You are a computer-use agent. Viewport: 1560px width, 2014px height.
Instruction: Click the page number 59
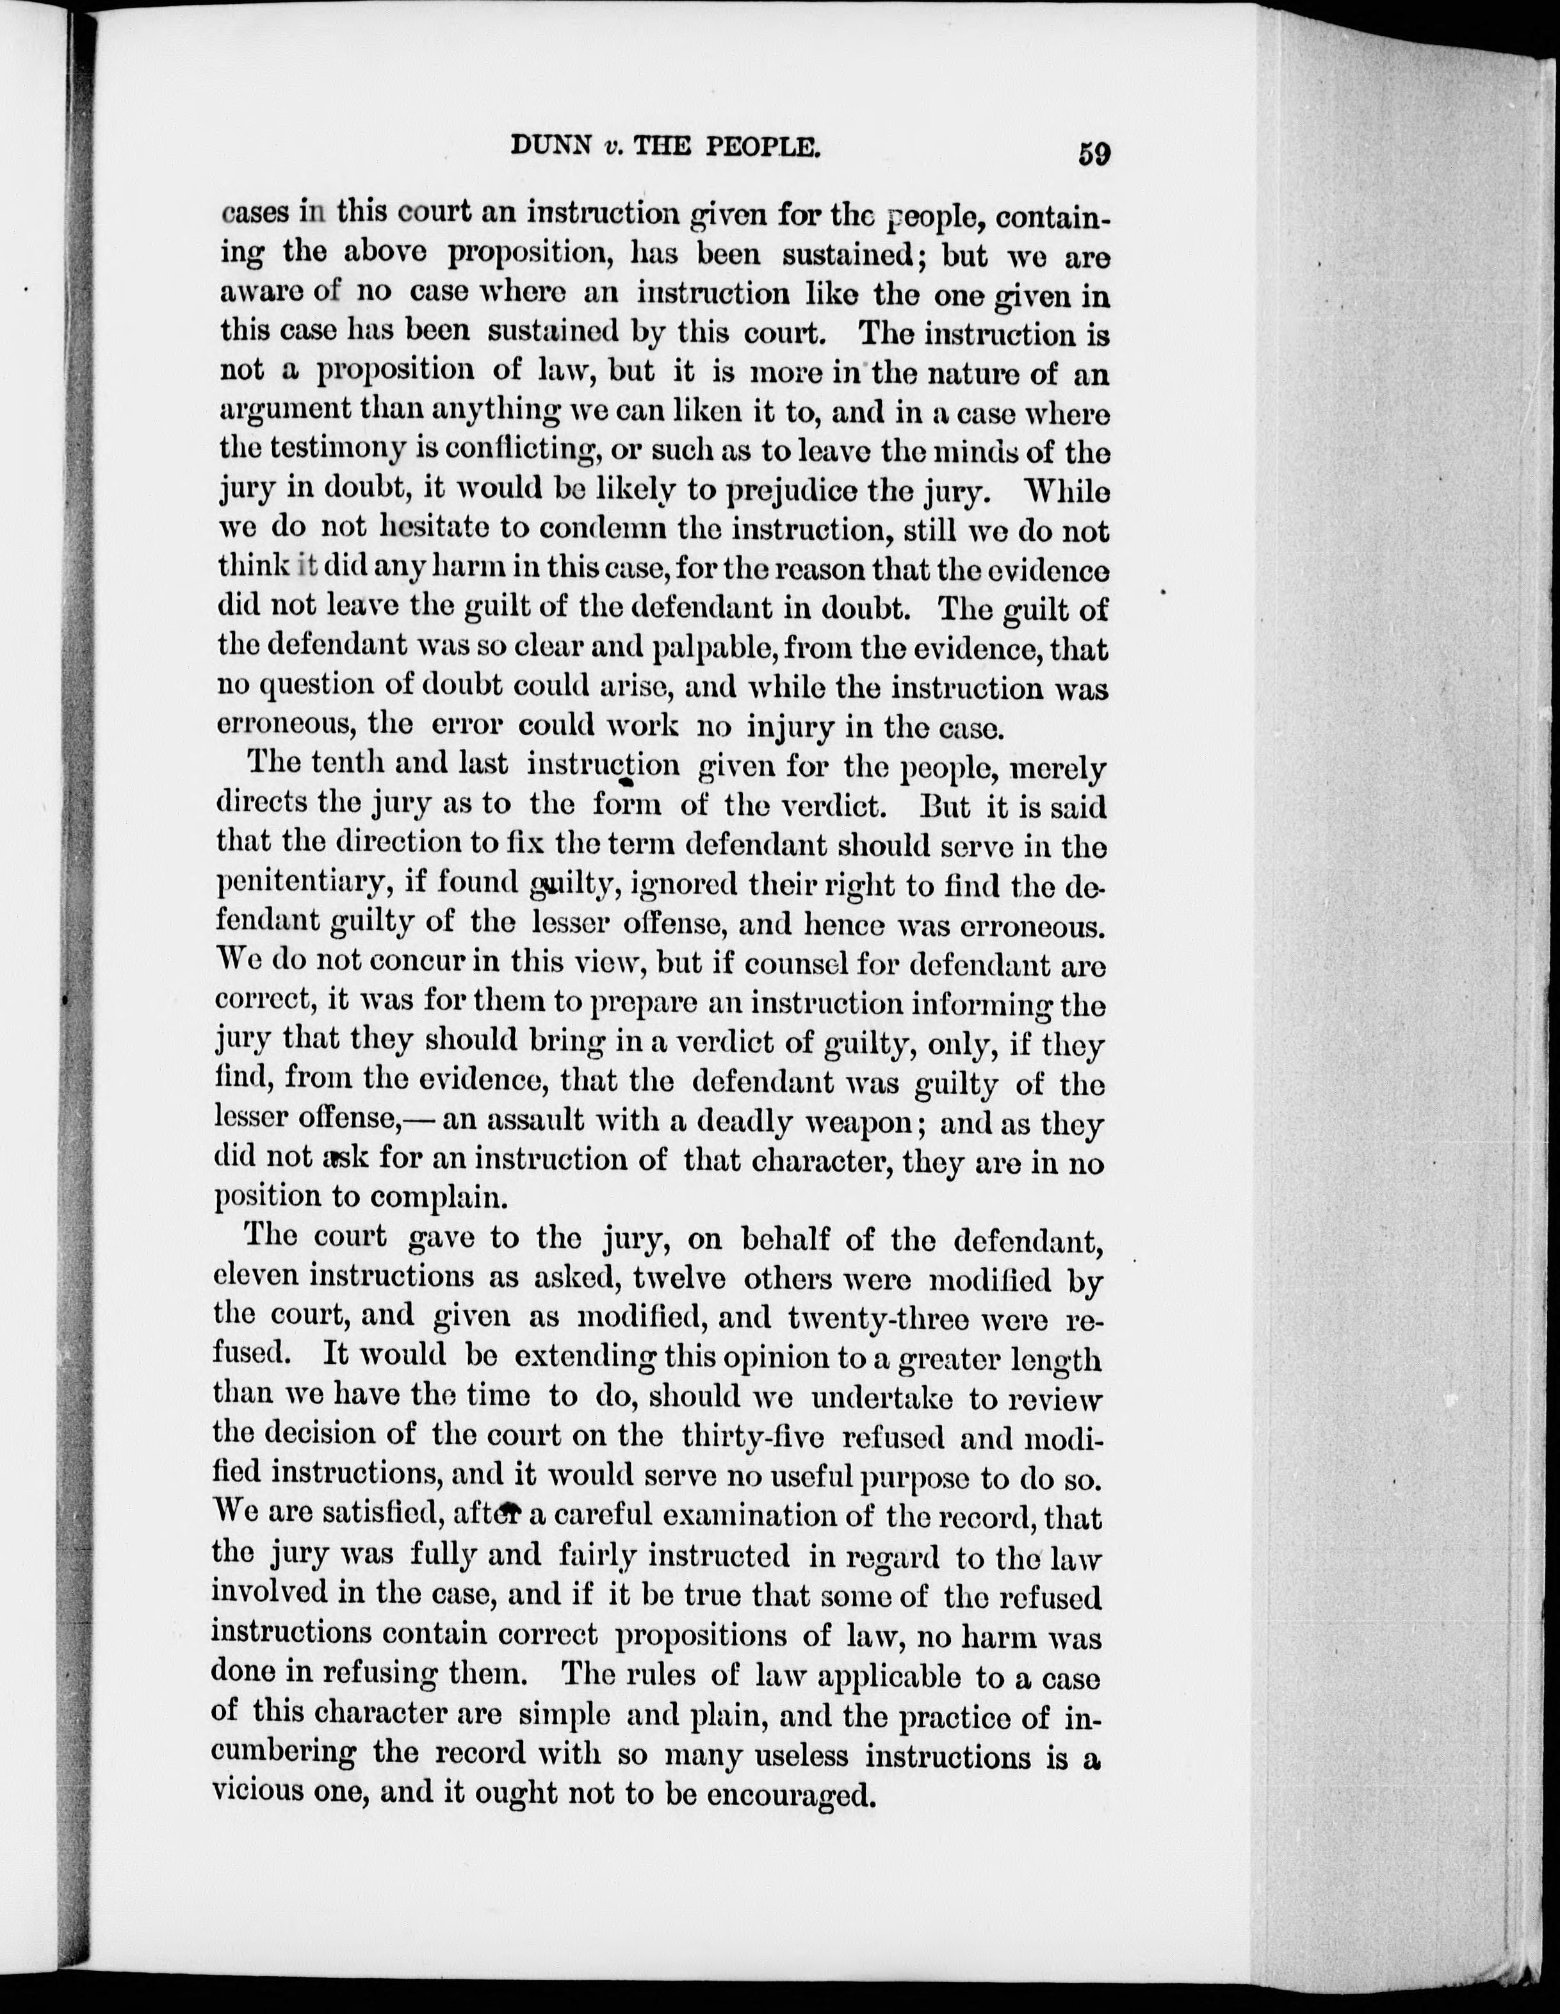point(1094,152)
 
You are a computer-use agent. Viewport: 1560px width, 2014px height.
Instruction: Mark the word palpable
point(705,648)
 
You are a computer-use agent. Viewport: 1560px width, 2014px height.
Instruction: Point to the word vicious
point(257,1793)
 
